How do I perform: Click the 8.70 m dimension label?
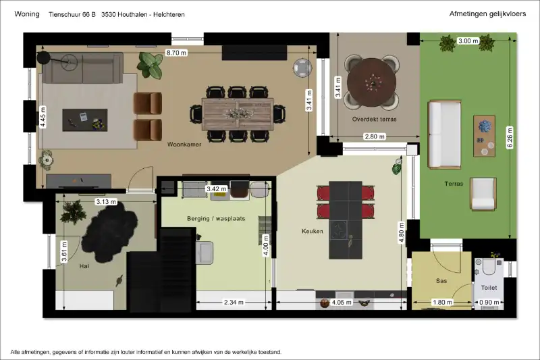pos(176,53)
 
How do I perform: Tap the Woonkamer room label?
pos(184,145)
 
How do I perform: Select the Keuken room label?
pos(313,231)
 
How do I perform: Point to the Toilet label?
pos(489,287)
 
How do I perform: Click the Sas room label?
pos(441,281)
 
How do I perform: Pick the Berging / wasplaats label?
pos(216,218)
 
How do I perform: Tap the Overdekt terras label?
pos(375,119)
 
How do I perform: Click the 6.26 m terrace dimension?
pos(510,138)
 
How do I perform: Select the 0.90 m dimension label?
pos(489,303)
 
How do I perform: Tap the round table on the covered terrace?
pos(372,82)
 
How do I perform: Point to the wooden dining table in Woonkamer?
pos(238,114)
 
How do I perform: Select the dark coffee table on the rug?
pos(85,120)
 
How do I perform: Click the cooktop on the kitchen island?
pos(339,230)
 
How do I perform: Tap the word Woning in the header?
pos(27,14)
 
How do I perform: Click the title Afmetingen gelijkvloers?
pos(487,14)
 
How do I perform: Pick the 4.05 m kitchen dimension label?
pos(342,303)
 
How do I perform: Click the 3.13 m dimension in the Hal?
pos(106,201)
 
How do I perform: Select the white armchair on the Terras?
pos(483,195)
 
